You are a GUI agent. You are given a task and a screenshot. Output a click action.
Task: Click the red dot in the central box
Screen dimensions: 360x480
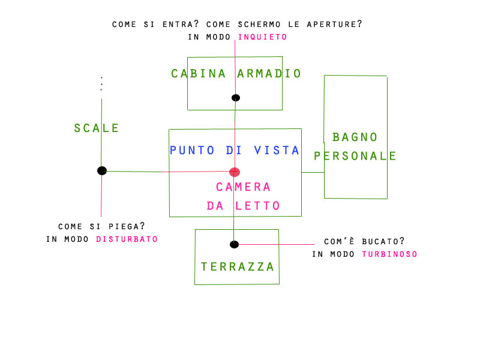[235, 172]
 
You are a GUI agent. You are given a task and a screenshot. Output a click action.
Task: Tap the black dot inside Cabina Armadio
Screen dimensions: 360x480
[236, 98]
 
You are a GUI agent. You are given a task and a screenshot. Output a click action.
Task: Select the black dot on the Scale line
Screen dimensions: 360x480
[102, 171]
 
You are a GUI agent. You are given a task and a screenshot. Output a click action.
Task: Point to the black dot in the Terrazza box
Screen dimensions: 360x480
[234, 244]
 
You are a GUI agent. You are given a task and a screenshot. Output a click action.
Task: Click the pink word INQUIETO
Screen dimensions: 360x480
[263, 37]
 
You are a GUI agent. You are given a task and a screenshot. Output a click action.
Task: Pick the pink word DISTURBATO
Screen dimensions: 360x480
[127, 239]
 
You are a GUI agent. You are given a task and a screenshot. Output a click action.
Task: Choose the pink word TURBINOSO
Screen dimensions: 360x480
[389, 254]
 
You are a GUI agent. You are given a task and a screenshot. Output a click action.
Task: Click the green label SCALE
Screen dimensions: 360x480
[97, 128]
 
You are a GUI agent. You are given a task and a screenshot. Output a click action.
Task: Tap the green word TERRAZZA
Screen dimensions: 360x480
[238, 266]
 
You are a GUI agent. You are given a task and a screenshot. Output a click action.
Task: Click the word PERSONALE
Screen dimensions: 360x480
[355, 156]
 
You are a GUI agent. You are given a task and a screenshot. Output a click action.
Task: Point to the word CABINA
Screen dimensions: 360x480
[199, 74]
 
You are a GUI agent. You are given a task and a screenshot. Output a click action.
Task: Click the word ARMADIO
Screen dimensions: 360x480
[269, 74]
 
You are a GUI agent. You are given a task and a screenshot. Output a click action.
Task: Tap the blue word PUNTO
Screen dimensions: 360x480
[193, 150]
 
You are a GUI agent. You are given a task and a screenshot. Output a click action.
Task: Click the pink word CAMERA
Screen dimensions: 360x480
[244, 187]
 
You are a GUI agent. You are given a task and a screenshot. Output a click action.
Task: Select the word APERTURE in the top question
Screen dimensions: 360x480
[332, 25]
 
